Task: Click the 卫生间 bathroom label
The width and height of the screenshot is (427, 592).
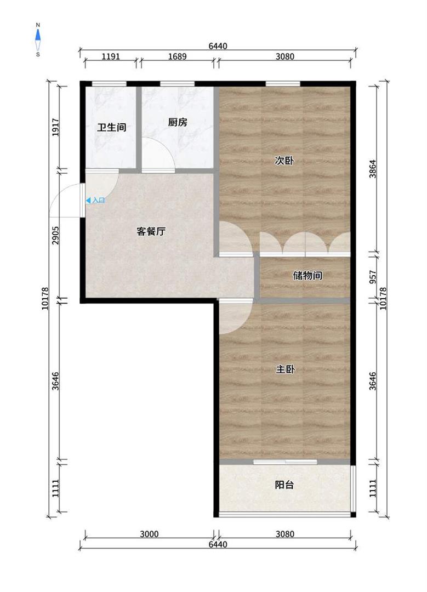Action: point(111,127)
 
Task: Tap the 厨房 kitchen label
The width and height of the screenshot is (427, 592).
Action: point(178,122)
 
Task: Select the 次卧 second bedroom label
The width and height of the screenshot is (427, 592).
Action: point(284,161)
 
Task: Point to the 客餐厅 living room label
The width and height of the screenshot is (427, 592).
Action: point(151,231)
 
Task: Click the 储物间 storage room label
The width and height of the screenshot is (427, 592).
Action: point(308,276)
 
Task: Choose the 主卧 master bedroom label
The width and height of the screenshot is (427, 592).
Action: point(285,369)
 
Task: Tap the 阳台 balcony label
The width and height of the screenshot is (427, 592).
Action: point(284,485)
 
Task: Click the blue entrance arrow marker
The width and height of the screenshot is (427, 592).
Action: point(88,201)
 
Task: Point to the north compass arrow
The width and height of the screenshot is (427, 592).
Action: point(38,35)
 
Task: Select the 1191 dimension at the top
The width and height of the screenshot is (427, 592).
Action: point(111,56)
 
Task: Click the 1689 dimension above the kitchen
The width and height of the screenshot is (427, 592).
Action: point(177,56)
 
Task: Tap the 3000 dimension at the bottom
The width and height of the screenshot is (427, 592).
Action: point(149,534)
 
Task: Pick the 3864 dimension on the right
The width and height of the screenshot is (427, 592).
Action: point(373,169)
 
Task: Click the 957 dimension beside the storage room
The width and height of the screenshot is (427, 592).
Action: point(373,277)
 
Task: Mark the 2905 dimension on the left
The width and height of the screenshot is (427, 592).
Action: point(55,235)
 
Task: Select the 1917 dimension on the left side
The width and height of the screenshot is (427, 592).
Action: point(55,127)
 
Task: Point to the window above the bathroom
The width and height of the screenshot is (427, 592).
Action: point(109,84)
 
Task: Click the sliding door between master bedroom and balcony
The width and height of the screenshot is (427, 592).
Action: point(285,462)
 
